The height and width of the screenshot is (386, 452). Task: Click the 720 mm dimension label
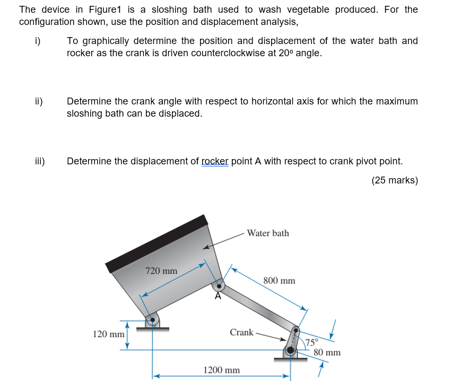pos(161,271)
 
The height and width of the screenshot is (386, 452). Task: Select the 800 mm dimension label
pos(279,280)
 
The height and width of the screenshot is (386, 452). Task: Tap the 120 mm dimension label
pos(108,335)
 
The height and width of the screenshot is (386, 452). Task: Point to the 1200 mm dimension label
pos(222,370)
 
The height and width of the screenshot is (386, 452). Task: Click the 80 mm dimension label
pos(327,353)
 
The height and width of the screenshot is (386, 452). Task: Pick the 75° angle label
pos(312,342)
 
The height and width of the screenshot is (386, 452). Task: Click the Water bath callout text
pos(268,233)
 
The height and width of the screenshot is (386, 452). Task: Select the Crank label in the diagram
pos(241,332)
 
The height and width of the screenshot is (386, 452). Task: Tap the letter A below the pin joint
pos(218,297)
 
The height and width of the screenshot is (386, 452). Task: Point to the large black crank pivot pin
pos(291,350)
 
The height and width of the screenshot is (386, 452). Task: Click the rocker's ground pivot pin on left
pos(152,320)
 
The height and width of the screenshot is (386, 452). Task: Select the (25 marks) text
pos(395,180)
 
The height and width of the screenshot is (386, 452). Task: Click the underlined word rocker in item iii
pos(215,161)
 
